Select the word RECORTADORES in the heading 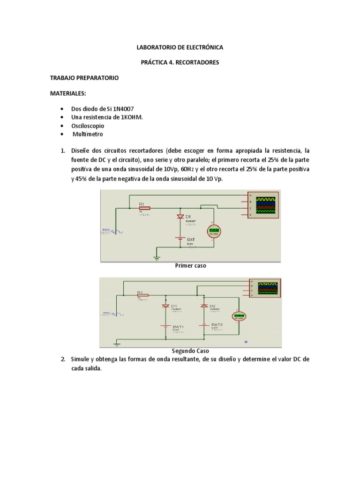[196, 62]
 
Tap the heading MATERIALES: [68, 93]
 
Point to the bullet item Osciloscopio [88, 126]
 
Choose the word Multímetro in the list [88, 135]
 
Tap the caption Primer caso [190, 265]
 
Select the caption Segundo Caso [190, 351]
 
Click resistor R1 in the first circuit [144, 208]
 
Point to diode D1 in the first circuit [180, 217]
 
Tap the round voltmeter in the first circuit [214, 230]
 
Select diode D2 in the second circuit [204, 306]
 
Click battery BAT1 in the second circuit [165, 326]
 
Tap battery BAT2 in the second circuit [204, 325]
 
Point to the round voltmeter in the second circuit [240, 316]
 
